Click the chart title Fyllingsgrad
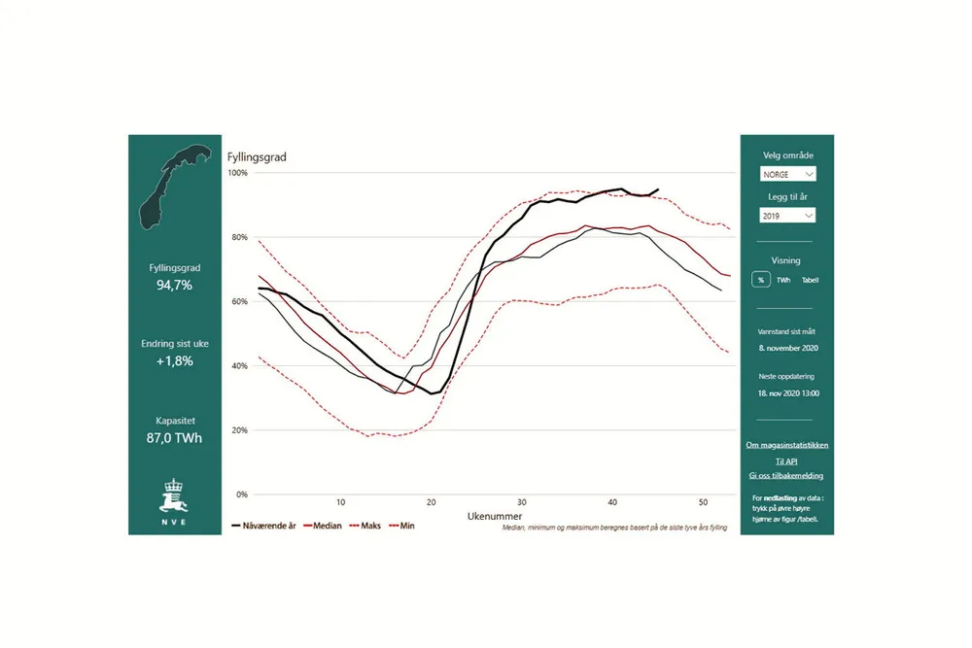[257, 156]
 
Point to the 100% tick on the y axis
[238, 173]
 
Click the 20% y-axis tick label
[239, 430]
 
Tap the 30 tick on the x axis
[522, 502]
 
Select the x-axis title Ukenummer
[494, 514]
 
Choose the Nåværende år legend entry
[264, 528]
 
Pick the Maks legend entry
[364, 528]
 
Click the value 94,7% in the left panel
[176, 286]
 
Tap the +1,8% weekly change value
[176, 361]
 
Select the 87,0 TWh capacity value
[176, 438]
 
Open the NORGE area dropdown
[787, 175]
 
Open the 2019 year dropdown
[787, 216]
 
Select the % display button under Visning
[760, 280]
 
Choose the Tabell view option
[810, 280]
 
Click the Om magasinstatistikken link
[786, 445]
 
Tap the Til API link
[786, 460]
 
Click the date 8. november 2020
[786, 346]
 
